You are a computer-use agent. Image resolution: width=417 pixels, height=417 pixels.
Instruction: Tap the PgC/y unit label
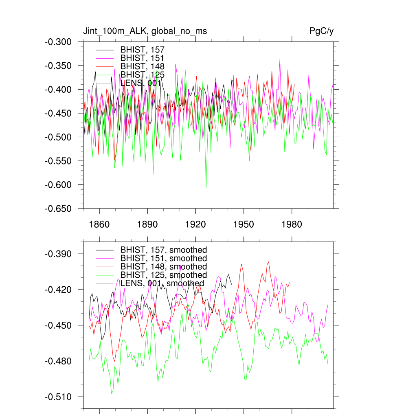322,31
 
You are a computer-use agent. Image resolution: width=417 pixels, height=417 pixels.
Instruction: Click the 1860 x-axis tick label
99,224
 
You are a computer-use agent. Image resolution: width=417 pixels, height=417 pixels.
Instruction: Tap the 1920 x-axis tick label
195,224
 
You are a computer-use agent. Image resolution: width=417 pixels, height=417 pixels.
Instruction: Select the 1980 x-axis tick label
292,224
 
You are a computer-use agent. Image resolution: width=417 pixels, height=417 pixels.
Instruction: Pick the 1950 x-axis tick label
244,224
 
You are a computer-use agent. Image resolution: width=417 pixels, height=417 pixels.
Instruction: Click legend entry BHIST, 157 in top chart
142,50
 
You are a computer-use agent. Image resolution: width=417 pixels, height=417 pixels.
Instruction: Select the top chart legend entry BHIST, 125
142,75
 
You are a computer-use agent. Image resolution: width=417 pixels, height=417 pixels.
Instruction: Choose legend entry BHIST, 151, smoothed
163,258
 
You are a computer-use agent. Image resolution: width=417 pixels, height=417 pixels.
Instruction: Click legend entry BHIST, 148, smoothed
163,267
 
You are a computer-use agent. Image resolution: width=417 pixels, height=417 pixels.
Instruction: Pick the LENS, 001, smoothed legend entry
162,283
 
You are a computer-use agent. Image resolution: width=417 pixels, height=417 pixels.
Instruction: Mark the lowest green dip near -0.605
206,187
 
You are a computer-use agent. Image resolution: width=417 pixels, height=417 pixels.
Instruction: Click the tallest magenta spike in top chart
280,60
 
